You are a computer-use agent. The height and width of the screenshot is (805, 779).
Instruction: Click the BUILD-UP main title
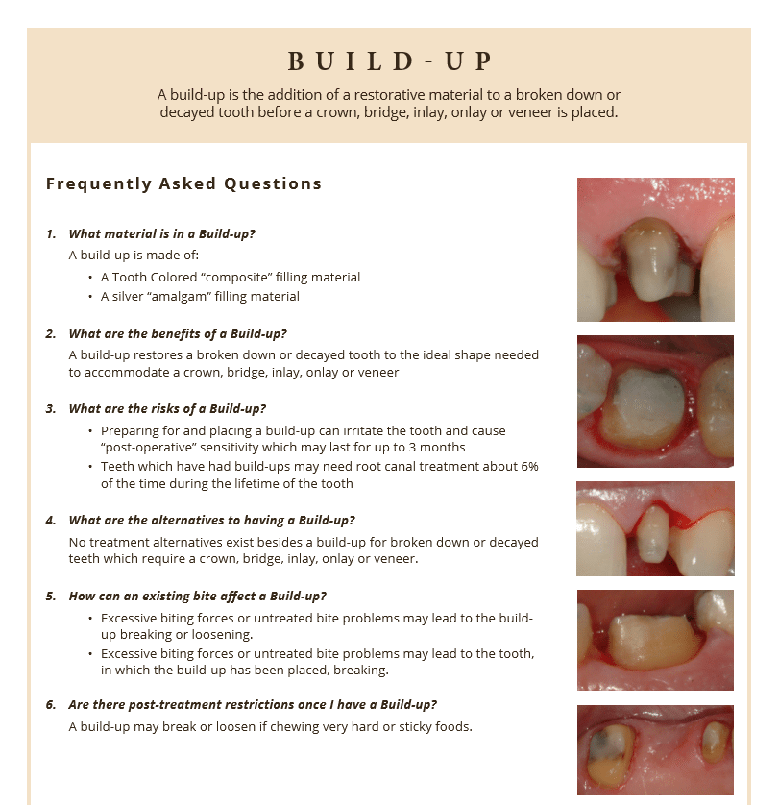tap(389, 61)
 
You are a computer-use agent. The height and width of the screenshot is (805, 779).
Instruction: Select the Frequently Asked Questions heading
tap(183, 183)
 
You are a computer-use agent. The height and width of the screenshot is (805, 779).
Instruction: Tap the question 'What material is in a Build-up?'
tap(161, 233)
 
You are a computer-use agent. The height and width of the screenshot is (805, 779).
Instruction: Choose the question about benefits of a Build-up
tap(178, 334)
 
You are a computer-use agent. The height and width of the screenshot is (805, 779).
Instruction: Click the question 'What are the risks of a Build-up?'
tap(167, 409)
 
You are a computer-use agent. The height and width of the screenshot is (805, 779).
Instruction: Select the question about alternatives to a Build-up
tap(211, 521)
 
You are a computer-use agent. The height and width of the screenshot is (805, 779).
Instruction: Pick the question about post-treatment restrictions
tap(253, 705)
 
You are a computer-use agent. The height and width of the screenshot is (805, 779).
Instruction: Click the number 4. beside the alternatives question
tap(51, 521)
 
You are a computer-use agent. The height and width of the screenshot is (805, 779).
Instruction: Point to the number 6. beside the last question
tap(51, 705)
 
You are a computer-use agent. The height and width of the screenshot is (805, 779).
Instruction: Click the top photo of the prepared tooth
tap(655, 249)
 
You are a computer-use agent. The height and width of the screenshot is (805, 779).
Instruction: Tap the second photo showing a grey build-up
tap(655, 401)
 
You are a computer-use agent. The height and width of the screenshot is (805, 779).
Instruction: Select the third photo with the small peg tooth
tap(655, 528)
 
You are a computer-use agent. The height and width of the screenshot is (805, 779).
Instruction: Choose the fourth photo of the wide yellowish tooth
tap(655, 639)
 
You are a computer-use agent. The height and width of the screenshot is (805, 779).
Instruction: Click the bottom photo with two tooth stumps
tap(655, 749)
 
